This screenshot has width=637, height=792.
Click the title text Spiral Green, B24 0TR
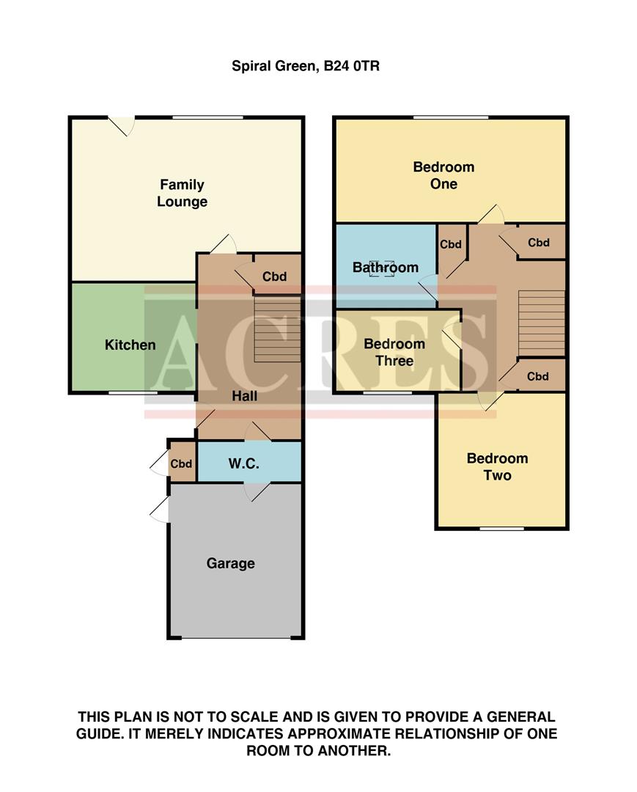point(306,66)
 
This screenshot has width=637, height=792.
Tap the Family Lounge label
point(182,194)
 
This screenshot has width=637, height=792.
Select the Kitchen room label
point(130,345)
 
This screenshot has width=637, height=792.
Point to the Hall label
point(245,396)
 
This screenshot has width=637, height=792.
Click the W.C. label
point(242,464)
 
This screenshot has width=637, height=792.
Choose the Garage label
point(231,563)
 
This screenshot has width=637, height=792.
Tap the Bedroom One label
point(443,175)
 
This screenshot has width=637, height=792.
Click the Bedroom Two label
point(498,467)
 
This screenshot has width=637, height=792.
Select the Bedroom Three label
point(394,352)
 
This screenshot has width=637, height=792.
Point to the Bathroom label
point(386,268)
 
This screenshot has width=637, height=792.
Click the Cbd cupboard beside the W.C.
point(182,464)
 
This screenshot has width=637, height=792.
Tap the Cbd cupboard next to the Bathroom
point(451,245)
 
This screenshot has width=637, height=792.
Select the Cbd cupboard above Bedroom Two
point(538,376)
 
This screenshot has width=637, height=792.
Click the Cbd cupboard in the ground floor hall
point(274,276)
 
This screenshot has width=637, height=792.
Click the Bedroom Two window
point(502,528)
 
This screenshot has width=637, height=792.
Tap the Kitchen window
point(133,394)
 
